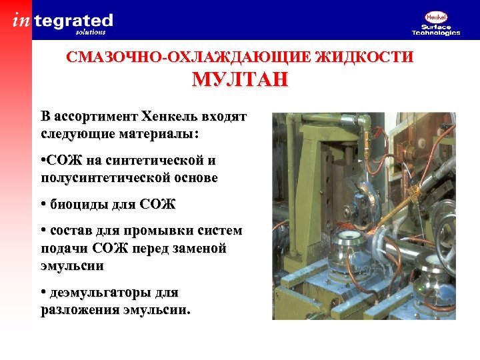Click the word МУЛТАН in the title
(240, 80)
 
